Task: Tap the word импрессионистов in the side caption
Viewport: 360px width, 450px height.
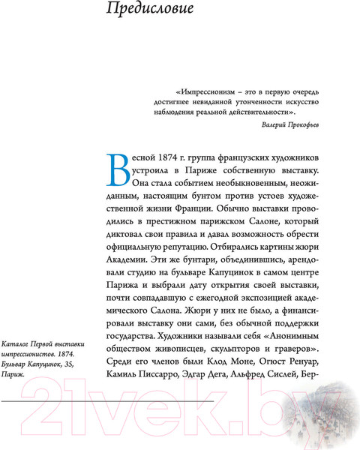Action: [32, 353]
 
